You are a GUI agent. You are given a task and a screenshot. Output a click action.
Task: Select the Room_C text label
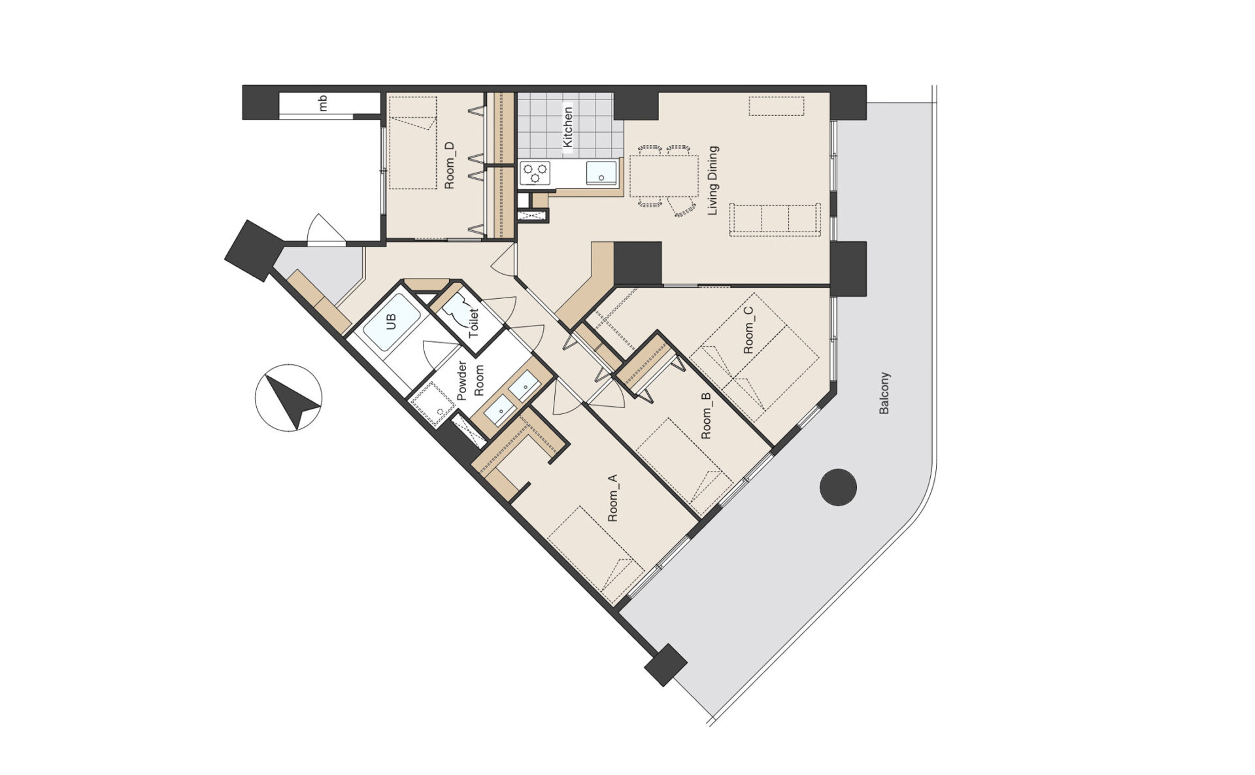pos(748,331)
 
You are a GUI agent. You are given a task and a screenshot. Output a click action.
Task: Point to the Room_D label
pos(449,166)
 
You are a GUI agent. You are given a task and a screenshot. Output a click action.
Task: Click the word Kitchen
pos(567,128)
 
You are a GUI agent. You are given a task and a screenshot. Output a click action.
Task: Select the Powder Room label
pos(471,380)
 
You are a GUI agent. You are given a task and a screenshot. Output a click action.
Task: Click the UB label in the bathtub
pos(392,322)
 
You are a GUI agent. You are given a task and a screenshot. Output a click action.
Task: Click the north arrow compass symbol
pos(288,397)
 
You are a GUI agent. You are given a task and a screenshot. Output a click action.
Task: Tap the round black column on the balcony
pos(838,487)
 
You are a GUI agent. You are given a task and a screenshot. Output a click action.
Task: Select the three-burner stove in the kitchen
pos(535,173)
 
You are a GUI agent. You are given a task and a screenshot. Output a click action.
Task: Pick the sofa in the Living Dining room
pos(775,219)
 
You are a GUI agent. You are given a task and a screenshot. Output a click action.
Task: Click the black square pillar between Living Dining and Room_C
pos(638,264)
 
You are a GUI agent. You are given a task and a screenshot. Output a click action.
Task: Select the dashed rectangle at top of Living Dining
pos(777,107)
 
